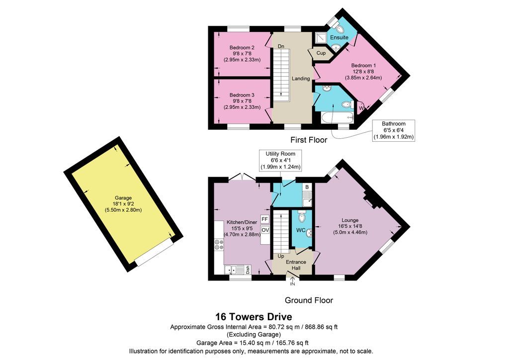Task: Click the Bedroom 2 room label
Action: tap(242, 48)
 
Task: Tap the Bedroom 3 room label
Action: tap(242, 95)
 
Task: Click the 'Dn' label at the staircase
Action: tap(281, 46)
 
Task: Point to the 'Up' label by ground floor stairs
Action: tap(281, 256)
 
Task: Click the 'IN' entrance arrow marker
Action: tap(292, 283)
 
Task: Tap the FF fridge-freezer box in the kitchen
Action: tap(264, 219)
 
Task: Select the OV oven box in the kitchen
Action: tap(264, 230)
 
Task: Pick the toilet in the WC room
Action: tap(302, 217)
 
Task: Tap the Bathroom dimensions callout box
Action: tap(394, 130)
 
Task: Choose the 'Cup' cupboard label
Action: tap(321, 53)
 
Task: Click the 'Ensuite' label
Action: tap(339, 38)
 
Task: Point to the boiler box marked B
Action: tap(307, 187)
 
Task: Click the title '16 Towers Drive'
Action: tap(254, 316)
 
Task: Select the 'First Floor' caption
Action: tap(309, 140)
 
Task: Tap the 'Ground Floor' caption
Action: tap(309, 300)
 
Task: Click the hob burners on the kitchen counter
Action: tap(218, 245)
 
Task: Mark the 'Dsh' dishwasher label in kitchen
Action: tap(247, 270)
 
